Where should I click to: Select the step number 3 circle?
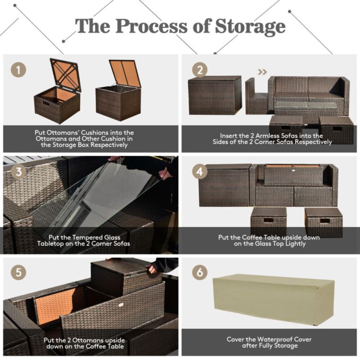[18, 171]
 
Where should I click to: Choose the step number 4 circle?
[199, 171]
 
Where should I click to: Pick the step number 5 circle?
[18, 273]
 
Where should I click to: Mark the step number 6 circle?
[199, 273]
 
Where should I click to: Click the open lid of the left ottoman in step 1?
[65, 74]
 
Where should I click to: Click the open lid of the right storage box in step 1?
[125, 73]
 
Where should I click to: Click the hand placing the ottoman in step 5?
[152, 269]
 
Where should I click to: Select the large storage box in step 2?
[215, 95]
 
